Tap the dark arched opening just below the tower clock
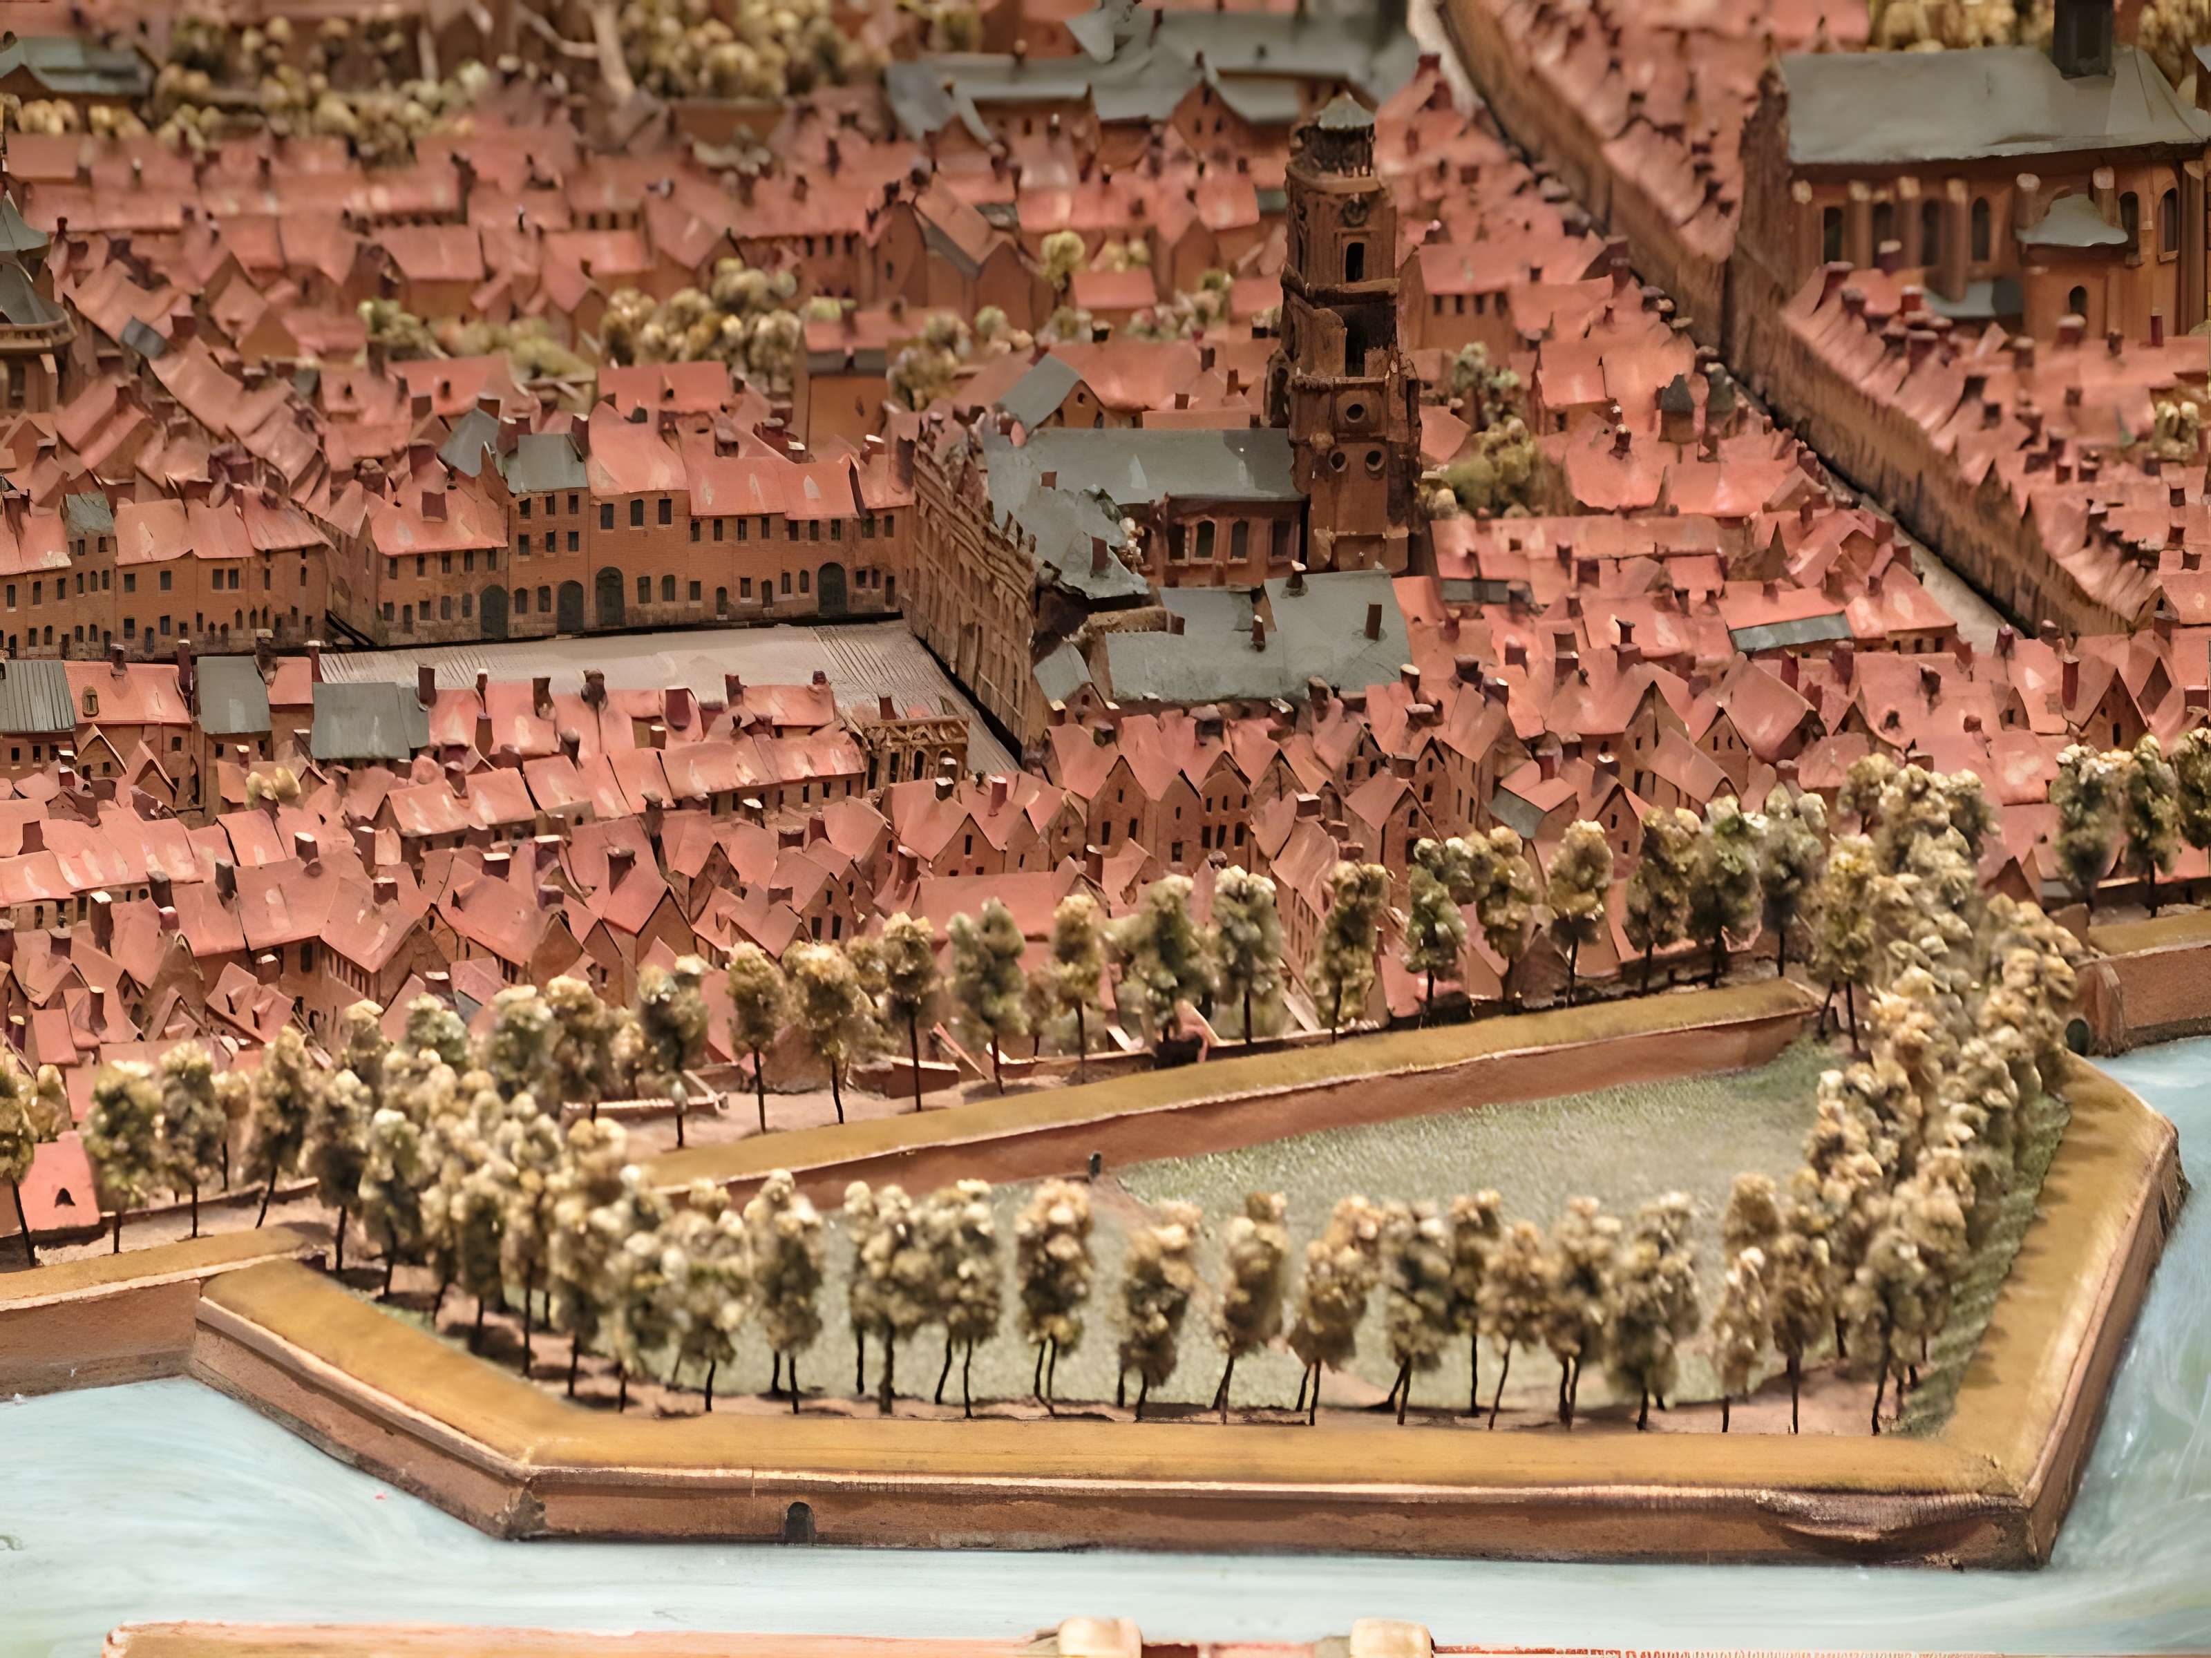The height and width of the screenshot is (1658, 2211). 1354,263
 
